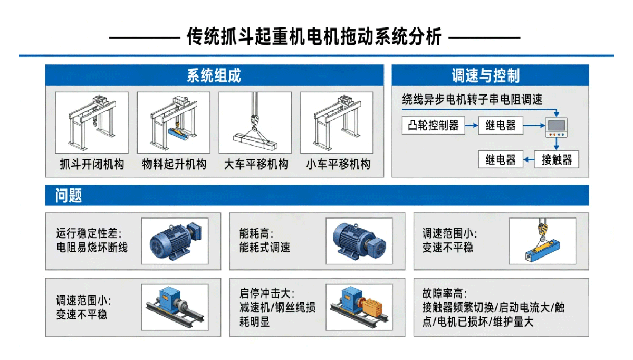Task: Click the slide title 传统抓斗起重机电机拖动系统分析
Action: tap(314, 37)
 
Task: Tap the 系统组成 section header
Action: tap(214, 75)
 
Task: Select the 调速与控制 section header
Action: tap(486, 75)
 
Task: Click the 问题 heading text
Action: tap(69, 195)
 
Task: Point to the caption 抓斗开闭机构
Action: tap(92, 164)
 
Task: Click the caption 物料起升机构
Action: tap(174, 164)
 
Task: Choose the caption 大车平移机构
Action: tap(256, 164)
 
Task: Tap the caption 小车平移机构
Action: tap(338, 164)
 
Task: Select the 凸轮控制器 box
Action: tap(434, 125)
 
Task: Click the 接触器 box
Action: tap(557, 160)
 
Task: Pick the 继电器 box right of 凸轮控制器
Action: tap(501, 125)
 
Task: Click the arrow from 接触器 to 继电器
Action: tap(529, 160)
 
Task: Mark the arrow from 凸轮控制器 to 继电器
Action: tap(472, 125)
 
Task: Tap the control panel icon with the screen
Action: tap(556, 127)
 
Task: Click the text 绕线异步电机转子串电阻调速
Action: tap(472, 99)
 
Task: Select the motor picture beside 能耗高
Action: tap(359, 241)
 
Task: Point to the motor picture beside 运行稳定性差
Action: tap(175, 241)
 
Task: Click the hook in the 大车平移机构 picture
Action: tap(255, 121)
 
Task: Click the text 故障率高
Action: tap(445, 294)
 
